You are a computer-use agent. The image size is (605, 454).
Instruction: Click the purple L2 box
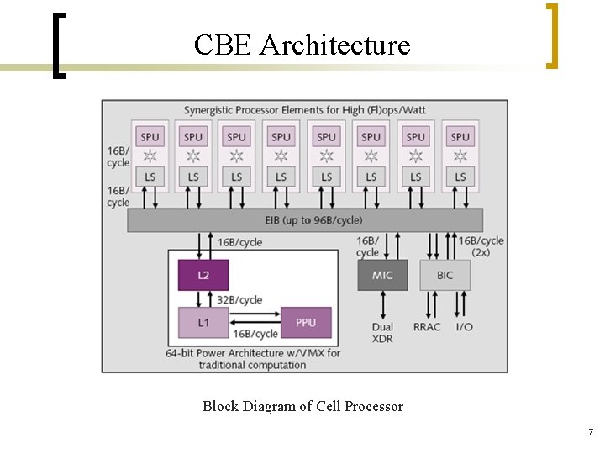click(x=203, y=275)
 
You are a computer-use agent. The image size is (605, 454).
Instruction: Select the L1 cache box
click(x=203, y=323)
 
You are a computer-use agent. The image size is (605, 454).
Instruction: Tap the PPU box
click(x=306, y=323)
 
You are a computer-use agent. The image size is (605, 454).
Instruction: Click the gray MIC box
click(x=382, y=275)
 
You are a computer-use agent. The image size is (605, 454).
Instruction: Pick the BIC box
click(x=445, y=275)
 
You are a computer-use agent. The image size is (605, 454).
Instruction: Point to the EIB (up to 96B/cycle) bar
click(x=305, y=220)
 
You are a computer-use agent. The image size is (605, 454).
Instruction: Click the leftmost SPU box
click(x=150, y=136)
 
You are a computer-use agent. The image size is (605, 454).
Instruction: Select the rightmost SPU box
click(x=460, y=136)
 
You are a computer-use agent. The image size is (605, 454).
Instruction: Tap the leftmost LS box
click(x=150, y=176)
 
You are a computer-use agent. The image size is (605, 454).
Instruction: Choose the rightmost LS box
click(x=460, y=176)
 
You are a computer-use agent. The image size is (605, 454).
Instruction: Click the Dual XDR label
click(x=382, y=332)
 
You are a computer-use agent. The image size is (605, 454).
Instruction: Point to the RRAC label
click(x=426, y=327)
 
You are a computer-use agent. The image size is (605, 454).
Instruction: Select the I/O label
click(x=464, y=327)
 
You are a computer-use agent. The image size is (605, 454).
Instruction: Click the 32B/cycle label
click(x=239, y=299)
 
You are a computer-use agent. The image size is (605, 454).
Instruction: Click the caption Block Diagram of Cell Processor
click(x=302, y=407)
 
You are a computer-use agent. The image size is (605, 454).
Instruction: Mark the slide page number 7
click(x=590, y=432)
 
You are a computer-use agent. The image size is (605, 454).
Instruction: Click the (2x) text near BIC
click(x=481, y=252)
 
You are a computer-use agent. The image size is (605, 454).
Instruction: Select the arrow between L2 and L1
click(x=203, y=298)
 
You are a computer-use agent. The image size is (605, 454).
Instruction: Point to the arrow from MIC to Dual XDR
click(x=382, y=305)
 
